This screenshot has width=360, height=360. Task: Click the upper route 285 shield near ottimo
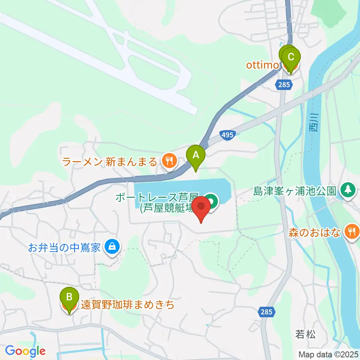coord(284,85)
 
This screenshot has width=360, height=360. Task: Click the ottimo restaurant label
coord(262,65)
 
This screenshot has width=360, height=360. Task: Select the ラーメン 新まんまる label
coord(109,162)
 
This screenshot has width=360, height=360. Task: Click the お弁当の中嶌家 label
coord(64,247)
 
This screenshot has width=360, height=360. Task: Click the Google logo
coord(25,351)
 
